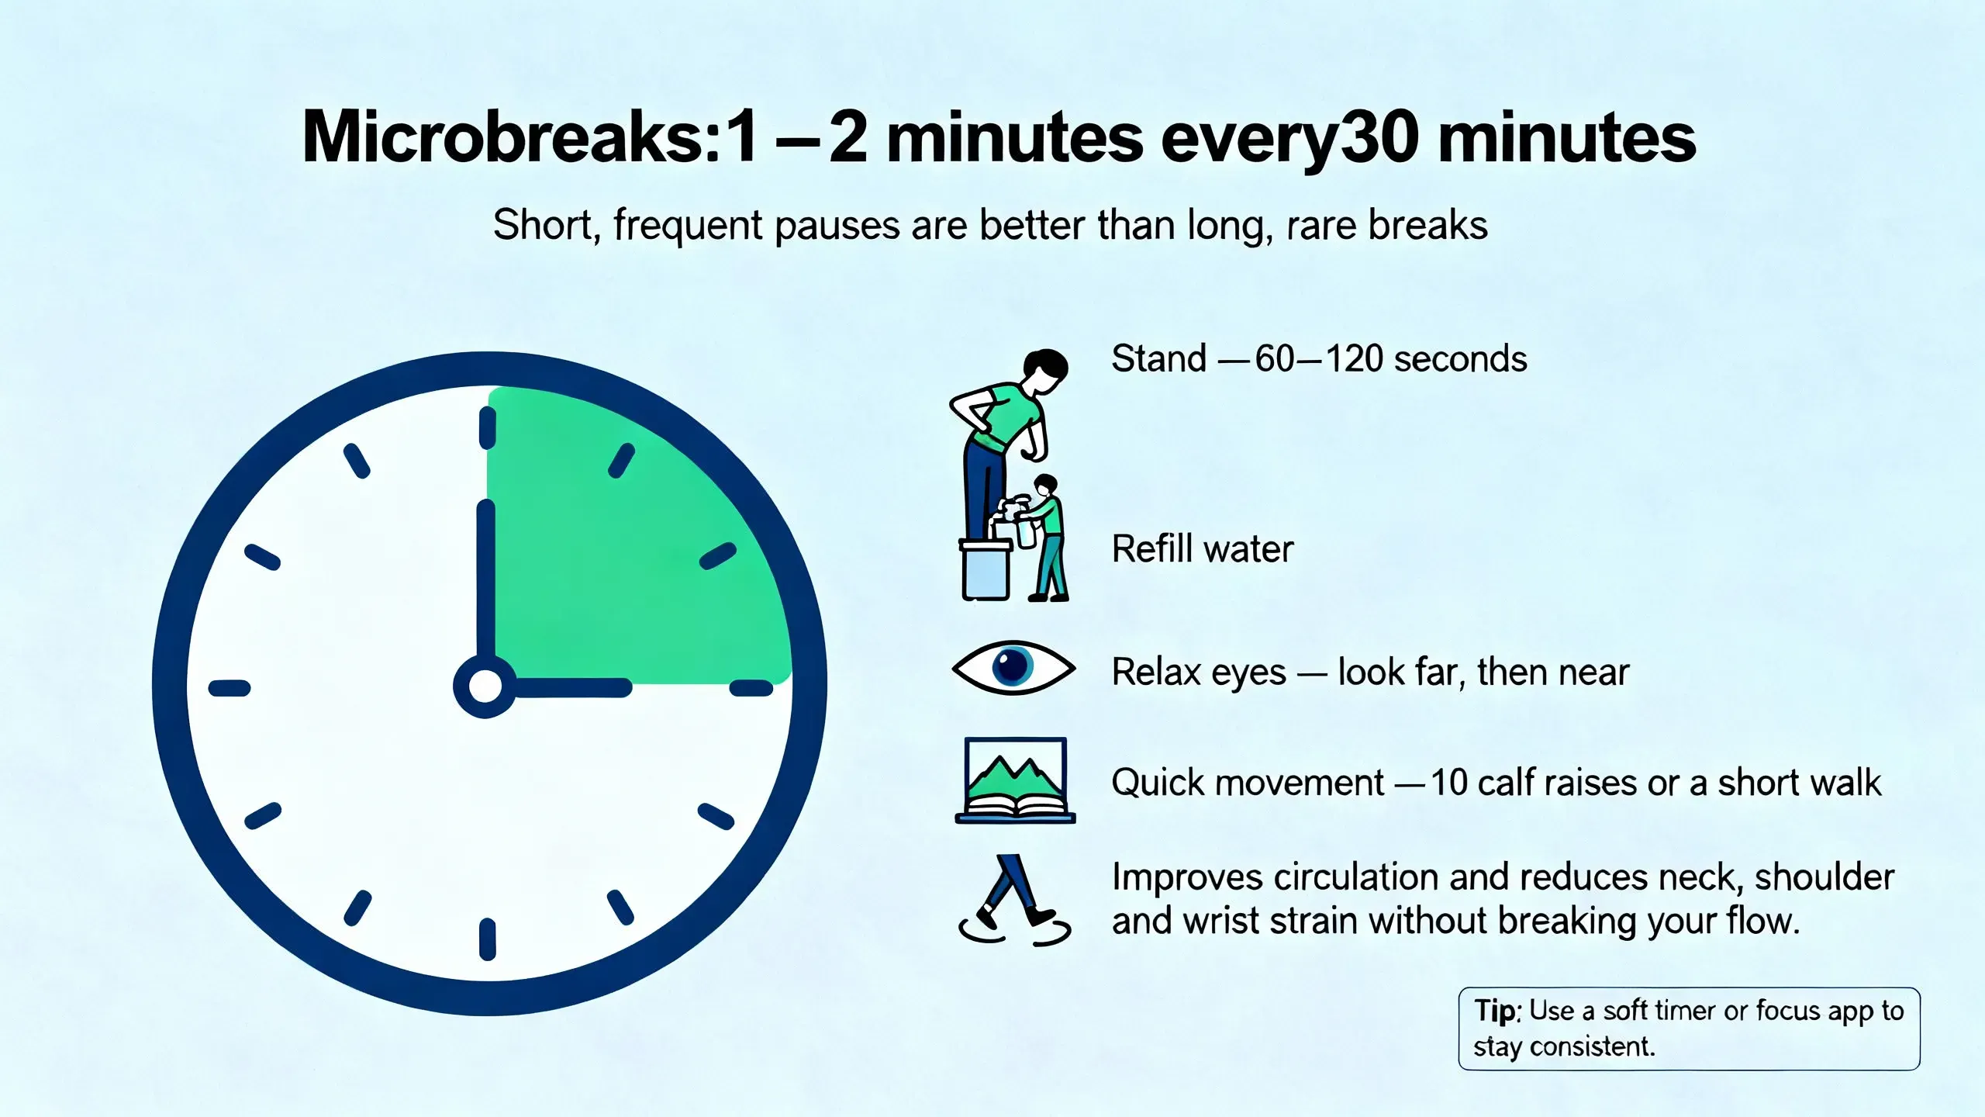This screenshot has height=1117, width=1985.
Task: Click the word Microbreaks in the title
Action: click(512, 137)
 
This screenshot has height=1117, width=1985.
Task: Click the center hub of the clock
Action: click(485, 686)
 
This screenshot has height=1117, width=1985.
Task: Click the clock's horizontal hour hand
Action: click(570, 688)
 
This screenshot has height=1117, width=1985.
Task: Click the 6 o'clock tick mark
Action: click(488, 939)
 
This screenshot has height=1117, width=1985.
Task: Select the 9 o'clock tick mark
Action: click(230, 688)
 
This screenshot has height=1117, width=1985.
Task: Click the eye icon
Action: click(1013, 667)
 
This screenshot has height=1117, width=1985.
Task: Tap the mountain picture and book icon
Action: click(1015, 780)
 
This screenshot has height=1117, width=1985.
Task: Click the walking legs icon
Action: click(1014, 900)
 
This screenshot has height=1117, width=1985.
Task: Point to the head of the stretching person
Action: click(1044, 370)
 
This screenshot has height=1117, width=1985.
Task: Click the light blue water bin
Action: click(986, 570)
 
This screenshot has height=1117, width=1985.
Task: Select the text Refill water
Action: click(1203, 549)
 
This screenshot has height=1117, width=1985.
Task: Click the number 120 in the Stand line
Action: click(1355, 359)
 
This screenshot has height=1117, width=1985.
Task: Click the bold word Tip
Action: click(1495, 1011)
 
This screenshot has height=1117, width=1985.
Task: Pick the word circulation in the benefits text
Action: click(1356, 877)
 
